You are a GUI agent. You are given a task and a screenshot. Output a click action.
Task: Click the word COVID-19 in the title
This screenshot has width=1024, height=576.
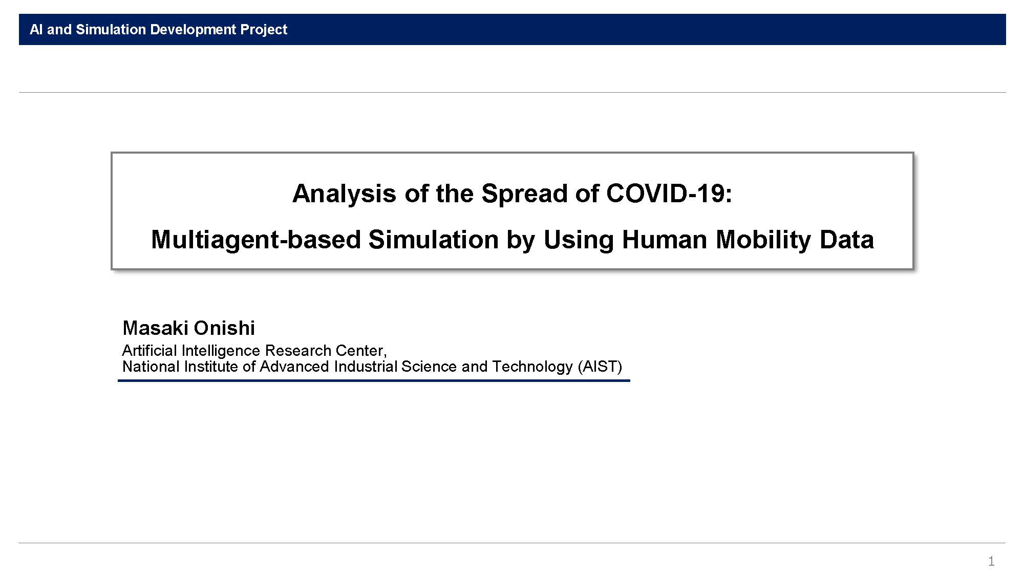(669, 194)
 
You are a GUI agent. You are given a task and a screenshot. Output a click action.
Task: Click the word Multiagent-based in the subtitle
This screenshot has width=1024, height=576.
(256, 240)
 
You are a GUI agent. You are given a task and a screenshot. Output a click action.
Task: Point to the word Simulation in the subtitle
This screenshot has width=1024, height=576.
(433, 240)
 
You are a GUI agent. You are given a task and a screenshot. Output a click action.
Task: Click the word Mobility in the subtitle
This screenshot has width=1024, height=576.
(763, 240)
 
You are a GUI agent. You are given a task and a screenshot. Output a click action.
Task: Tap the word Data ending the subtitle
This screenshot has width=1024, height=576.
(846, 240)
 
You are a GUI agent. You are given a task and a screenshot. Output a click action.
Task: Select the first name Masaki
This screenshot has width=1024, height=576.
(156, 328)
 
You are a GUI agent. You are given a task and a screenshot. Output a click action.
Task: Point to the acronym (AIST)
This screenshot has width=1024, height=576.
(600, 367)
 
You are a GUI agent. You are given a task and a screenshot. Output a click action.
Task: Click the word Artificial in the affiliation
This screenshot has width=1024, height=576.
(150, 351)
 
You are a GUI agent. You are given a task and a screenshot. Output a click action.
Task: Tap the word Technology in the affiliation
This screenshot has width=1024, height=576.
(532, 367)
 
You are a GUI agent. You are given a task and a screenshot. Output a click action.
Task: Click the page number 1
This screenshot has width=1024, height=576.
(991, 562)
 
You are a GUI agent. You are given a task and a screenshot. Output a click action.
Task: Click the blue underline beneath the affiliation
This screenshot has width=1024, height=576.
(374, 380)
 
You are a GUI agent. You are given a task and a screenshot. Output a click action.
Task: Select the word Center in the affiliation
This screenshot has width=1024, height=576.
(361, 351)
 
